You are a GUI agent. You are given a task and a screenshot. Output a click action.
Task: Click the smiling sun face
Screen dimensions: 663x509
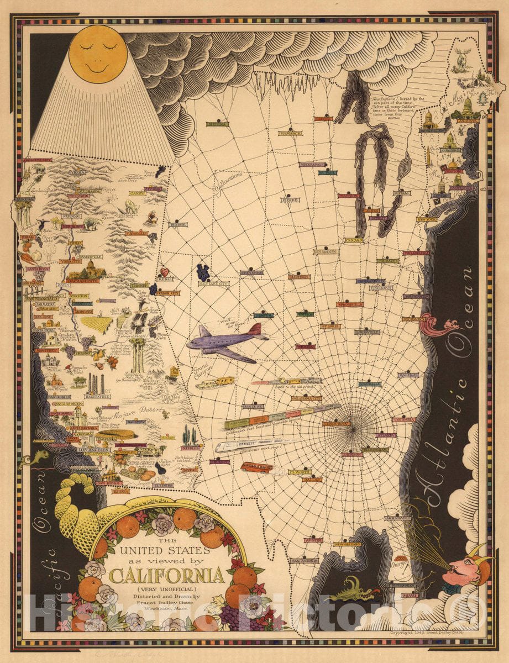click(98, 54)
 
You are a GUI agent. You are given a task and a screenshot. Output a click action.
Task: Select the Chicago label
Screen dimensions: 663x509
click(353, 240)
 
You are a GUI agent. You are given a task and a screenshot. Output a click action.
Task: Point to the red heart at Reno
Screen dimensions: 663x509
click(164, 272)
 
